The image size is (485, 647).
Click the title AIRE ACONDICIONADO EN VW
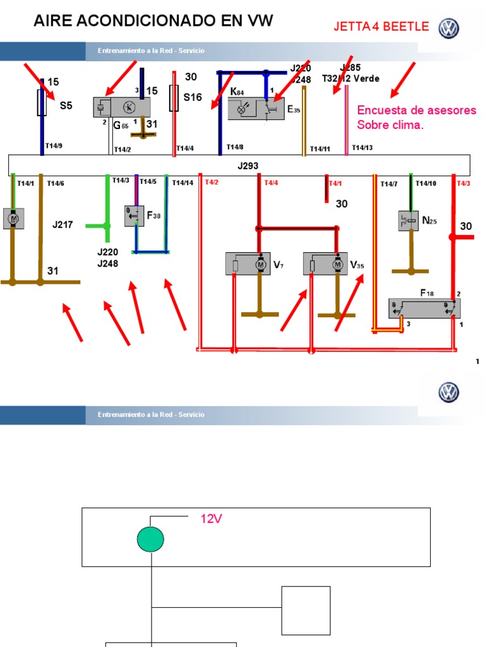point(153,21)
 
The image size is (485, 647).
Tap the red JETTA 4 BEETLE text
point(381,27)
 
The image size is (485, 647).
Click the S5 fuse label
point(66,106)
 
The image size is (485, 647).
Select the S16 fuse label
point(193,97)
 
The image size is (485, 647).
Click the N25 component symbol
point(407,221)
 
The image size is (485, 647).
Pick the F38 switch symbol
point(135,216)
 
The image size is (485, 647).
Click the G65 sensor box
point(121,107)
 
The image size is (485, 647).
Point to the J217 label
point(64,224)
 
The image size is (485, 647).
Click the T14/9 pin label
point(54,146)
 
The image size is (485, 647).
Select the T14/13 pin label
point(362,148)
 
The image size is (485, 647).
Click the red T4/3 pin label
point(463,183)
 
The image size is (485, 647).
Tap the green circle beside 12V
point(150,539)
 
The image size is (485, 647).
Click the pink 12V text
point(212,519)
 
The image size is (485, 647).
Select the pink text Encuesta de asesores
point(417,110)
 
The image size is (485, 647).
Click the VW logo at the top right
point(449,28)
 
